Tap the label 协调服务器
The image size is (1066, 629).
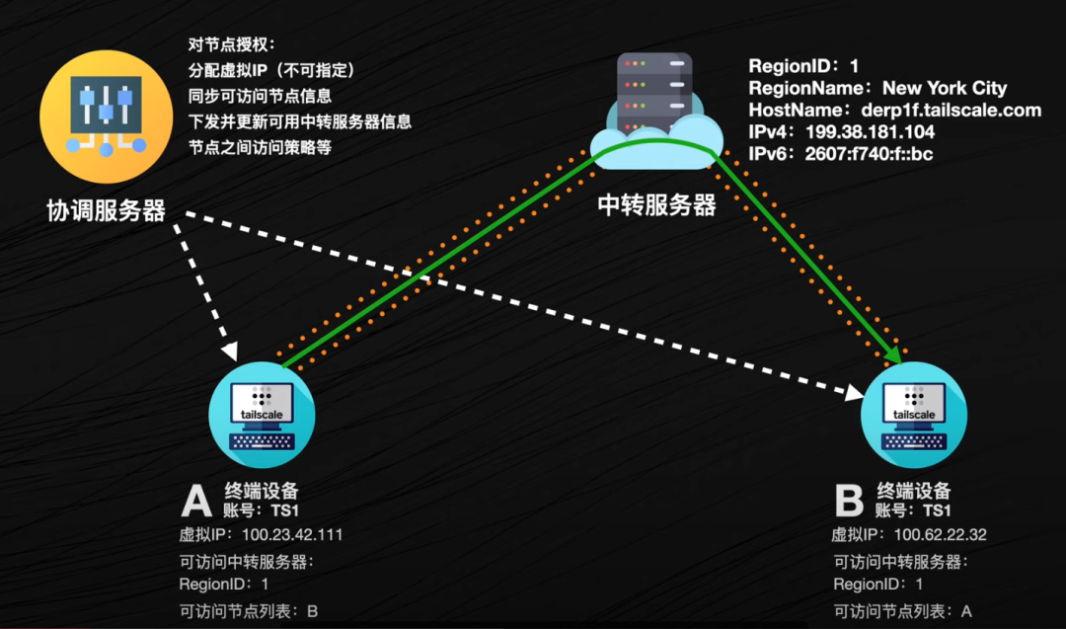coord(107,210)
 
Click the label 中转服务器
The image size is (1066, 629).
coord(657,205)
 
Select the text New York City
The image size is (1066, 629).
coord(945,89)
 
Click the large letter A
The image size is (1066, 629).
coord(195,501)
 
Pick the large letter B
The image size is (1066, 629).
coord(849,501)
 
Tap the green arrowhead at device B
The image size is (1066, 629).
coord(893,354)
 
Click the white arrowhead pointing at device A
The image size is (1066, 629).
coord(231,351)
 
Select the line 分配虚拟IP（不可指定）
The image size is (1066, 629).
coord(270,71)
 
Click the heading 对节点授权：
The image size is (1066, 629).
coord(233,45)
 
